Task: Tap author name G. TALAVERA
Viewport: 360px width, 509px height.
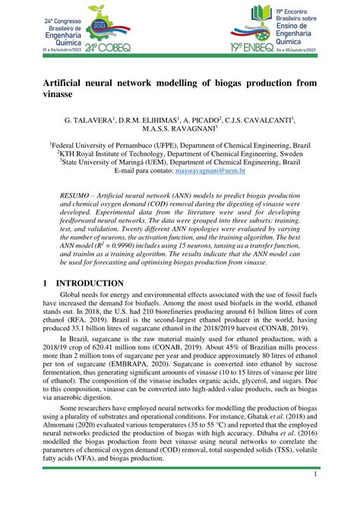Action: point(86,121)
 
